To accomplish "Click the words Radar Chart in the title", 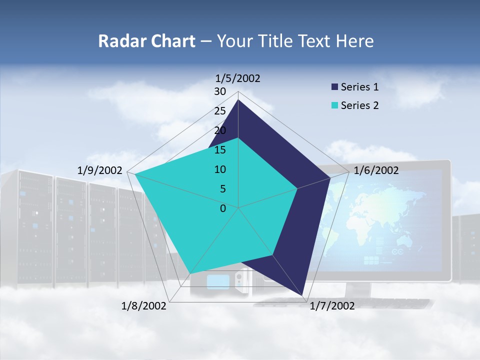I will coord(146,41).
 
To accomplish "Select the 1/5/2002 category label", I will coord(238,78).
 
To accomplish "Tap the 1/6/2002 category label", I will coord(376,170).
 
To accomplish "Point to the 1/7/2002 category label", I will coord(332,306).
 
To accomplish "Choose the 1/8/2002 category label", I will coord(144,306).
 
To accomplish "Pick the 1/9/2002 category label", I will coord(100,170).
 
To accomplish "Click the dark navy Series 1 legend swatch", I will coord(334,87).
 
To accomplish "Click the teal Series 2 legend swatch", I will coord(334,105).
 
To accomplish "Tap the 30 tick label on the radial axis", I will coord(220,91).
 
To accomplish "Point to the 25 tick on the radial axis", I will coord(220,111).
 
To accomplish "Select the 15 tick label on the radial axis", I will coord(220,150).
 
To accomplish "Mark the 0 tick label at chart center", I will coord(223,208).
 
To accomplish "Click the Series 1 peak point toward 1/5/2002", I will coord(238,99).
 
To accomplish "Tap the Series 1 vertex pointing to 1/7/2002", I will coord(303,296).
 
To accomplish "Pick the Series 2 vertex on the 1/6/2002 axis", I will coord(297,188).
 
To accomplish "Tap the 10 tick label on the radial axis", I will coord(220,169).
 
